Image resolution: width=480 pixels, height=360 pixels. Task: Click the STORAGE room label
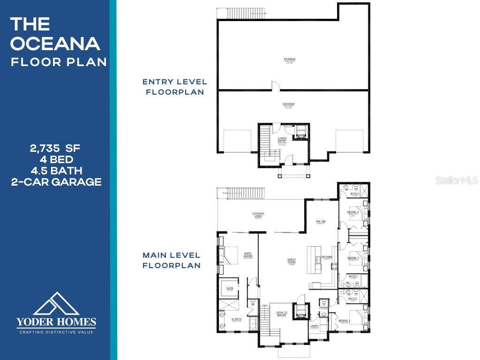click(x=289, y=59)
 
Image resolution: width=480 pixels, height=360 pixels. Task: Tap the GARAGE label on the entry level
click(x=289, y=104)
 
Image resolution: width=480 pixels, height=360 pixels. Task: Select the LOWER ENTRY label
click(x=282, y=140)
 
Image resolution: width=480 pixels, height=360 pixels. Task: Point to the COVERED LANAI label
click(x=258, y=215)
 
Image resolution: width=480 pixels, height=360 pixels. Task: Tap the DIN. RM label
click(x=321, y=222)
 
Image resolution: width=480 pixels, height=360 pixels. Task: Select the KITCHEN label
click(x=327, y=257)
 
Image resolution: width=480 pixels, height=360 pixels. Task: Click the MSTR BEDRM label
click(x=248, y=256)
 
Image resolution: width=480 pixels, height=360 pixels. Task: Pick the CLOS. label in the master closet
click(x=230, y=288)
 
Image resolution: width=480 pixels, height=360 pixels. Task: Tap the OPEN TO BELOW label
click(x=281, y=314)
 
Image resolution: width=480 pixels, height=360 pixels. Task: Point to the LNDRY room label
click(x=315, y=326)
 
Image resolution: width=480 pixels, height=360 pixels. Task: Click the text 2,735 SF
click(x=55, y=149)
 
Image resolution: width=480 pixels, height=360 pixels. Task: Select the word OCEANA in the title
click(x=55, y=44)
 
